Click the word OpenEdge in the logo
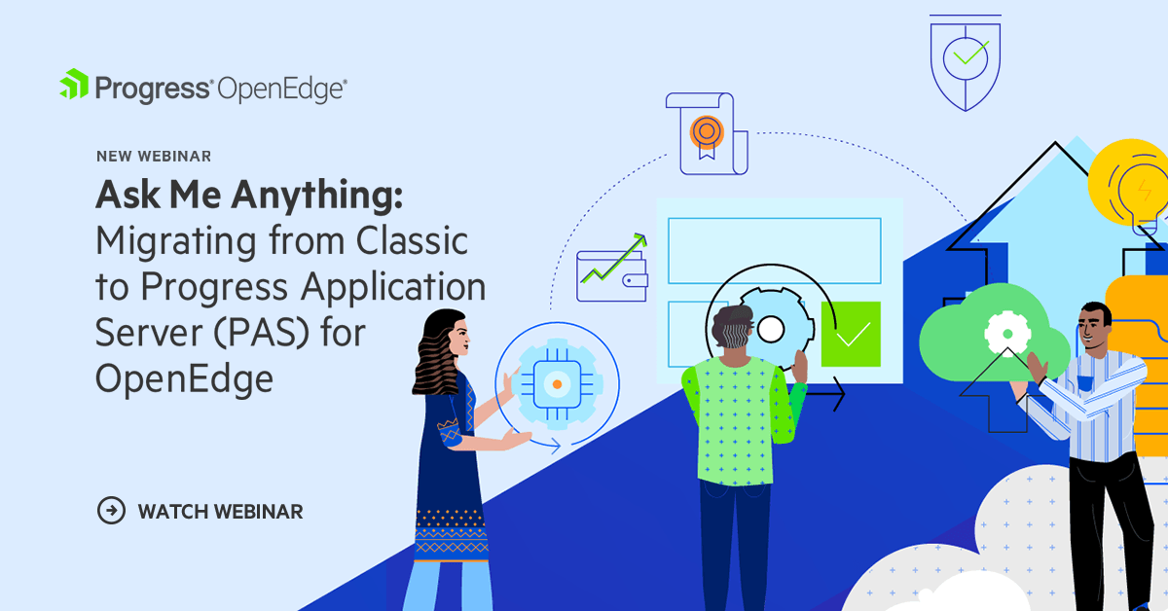tap(281, 90)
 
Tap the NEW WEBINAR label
tap(154, 156)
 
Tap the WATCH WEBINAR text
tap(220, 511)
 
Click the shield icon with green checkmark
tap(965, 60)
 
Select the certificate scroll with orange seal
tap(705, 132)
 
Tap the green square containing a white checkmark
tap(851, 334)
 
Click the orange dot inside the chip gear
tap(556, 385)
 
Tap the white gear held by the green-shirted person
tap(770, 330)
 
